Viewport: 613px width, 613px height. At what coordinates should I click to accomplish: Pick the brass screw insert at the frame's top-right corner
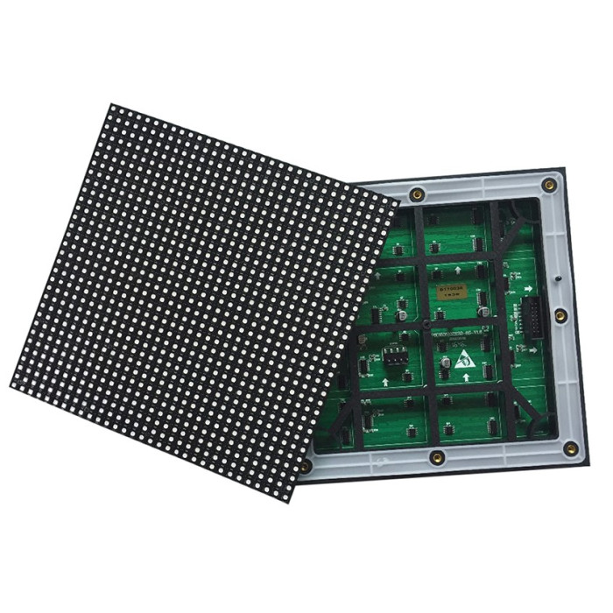point(549,185)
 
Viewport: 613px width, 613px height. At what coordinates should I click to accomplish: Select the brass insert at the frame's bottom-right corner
point(574,448)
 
